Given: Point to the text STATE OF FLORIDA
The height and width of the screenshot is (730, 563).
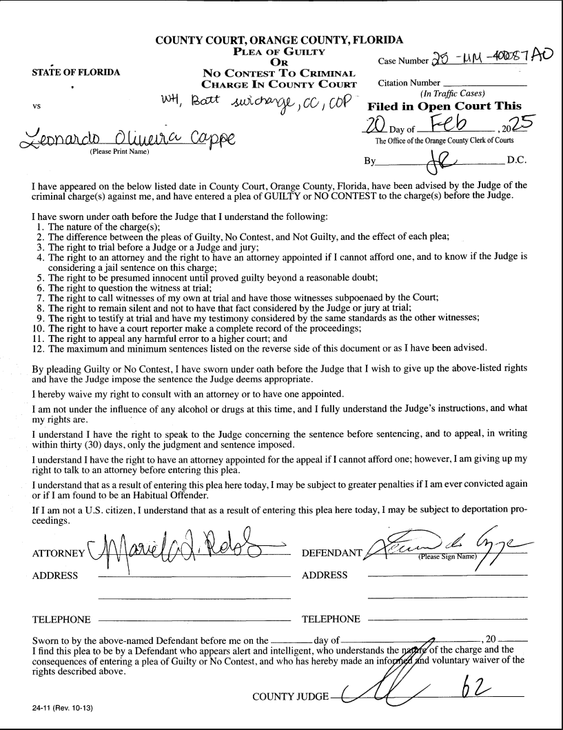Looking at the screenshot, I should point(66,71).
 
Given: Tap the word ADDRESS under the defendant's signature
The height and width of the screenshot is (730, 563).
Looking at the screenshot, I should point(325,575).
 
